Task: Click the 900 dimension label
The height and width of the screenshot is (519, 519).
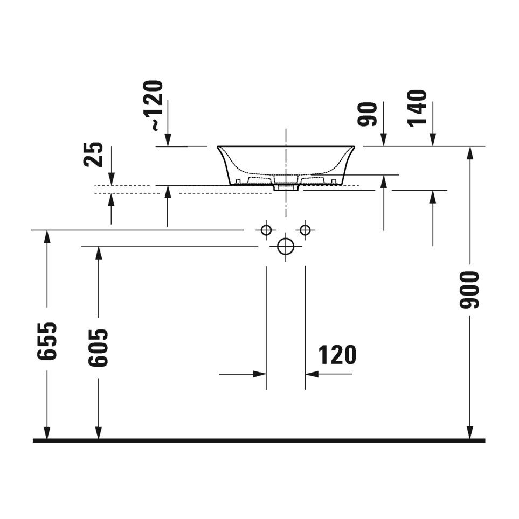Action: pos(469,290)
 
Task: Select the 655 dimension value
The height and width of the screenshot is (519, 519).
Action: pos(47,341)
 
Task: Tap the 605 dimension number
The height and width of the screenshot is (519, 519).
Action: pos(98,348)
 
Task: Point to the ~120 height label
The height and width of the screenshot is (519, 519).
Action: pos(154,106)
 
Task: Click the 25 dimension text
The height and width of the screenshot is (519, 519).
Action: pos(93,155)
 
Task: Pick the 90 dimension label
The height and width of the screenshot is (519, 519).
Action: pos(368,114)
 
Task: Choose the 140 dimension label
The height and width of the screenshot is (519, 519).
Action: pos(417,108)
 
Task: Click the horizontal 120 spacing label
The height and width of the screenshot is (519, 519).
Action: pos(337,354)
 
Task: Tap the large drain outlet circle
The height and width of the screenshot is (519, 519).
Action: pos(286,246)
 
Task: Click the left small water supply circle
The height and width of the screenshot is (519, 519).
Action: pos(266,230)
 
